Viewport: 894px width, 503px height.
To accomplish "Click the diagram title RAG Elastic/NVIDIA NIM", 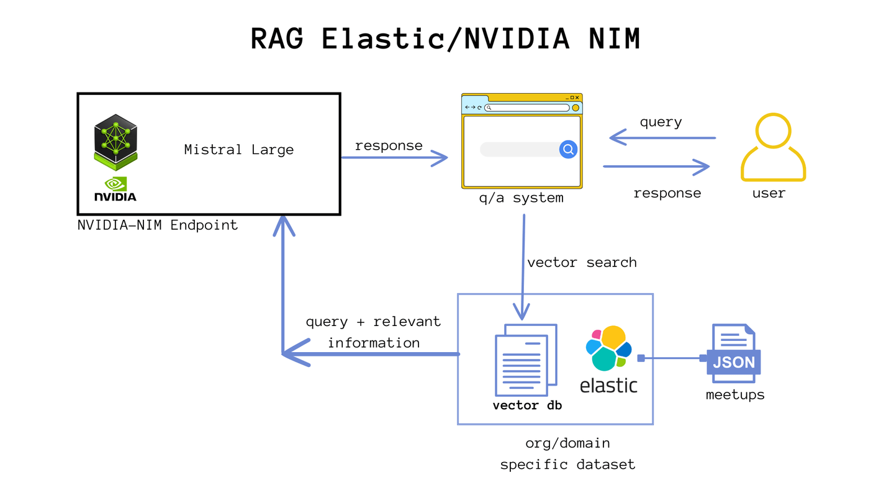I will tap(445, 39).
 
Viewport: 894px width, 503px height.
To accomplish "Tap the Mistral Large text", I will tap(239, 150).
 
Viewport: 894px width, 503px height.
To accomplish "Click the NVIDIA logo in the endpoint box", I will tap(115, 189).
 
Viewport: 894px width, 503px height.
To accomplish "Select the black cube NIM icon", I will tap(115, 142).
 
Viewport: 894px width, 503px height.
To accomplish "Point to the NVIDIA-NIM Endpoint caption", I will tap(158, 225).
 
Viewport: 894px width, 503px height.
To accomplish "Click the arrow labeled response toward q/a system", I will tap(394, 158).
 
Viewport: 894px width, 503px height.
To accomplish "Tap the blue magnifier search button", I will tap(568, 149).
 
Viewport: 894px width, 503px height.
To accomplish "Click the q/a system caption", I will tap(521, 198).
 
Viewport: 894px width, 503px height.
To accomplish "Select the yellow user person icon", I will tap(773, 147).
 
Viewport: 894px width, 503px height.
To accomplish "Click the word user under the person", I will tap(769, 193).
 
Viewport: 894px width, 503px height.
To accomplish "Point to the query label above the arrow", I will tap(661, 122).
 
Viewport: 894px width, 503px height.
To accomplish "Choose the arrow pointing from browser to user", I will tap(656, 166).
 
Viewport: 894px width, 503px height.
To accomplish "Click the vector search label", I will tap(582, 262).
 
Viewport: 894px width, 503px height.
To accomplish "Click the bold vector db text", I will tap(527, 406).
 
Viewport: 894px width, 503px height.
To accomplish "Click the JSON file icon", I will tap(733, 353).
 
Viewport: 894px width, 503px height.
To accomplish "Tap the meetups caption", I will tap(735, 394).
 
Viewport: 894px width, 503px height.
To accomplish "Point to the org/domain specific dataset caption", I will tap(567, 453).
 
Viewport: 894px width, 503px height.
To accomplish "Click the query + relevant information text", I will tap(373, 332).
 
